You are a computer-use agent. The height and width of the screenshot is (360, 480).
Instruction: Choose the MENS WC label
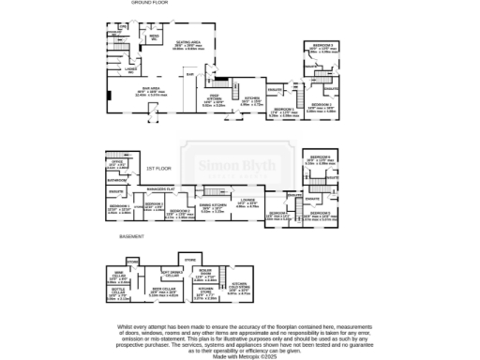pos(153,38)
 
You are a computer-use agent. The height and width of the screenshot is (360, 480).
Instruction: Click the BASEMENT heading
pos(131,239)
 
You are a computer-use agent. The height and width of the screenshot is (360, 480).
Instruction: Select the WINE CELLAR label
pos(119,275)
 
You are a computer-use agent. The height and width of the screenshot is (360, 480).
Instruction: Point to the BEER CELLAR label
pos(161,290)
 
